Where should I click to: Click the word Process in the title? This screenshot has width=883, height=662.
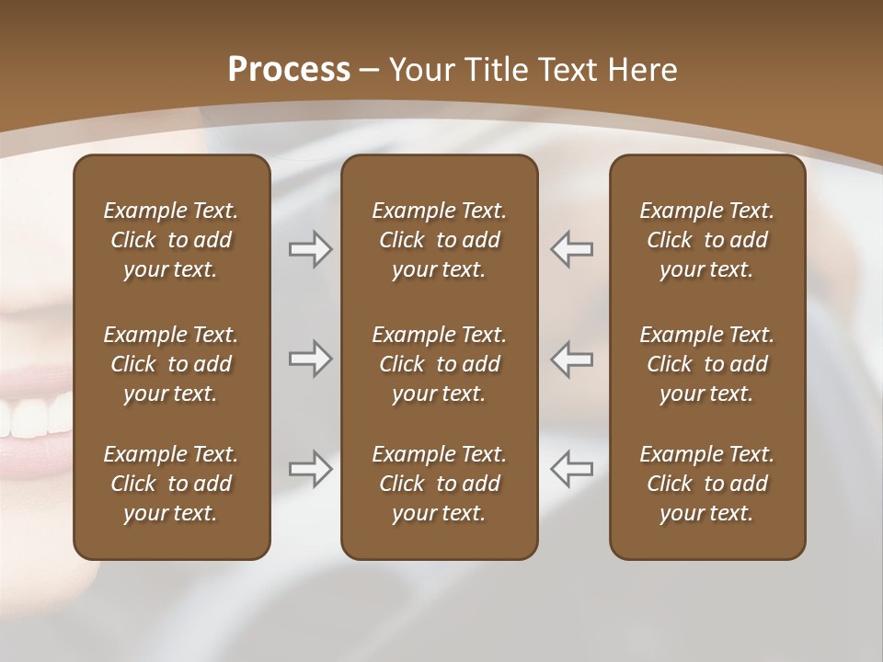tap(289, 70)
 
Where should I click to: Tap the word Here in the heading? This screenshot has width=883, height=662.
tap(643, 70)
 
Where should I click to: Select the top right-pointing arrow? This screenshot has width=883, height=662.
tap(310, 249)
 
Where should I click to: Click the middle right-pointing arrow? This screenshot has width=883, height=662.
tap(310, 359)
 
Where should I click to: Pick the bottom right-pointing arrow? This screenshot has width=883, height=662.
tap(310, 468)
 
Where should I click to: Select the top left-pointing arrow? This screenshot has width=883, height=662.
tap(571, 249)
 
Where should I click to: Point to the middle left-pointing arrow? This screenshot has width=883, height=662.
tap(571, 359)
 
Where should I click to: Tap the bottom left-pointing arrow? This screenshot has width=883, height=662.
tap(571, 468)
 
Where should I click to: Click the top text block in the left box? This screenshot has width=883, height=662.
tap(171, 240)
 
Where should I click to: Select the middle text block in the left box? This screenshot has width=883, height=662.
tap(171, 364)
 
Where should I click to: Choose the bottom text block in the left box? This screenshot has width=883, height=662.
tap(171, 484)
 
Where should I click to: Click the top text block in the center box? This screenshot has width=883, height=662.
tap(439, 240)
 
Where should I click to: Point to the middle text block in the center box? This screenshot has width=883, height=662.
tap(439, 364)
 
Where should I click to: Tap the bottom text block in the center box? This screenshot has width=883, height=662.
tap(439, 484)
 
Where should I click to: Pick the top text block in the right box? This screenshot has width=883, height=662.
tap(706, 240)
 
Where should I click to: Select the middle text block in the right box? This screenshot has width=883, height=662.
tap(706, 364)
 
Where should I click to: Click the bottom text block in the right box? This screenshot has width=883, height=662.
tap(706, 484)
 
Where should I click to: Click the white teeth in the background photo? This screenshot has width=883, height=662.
tap(32, 418)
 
